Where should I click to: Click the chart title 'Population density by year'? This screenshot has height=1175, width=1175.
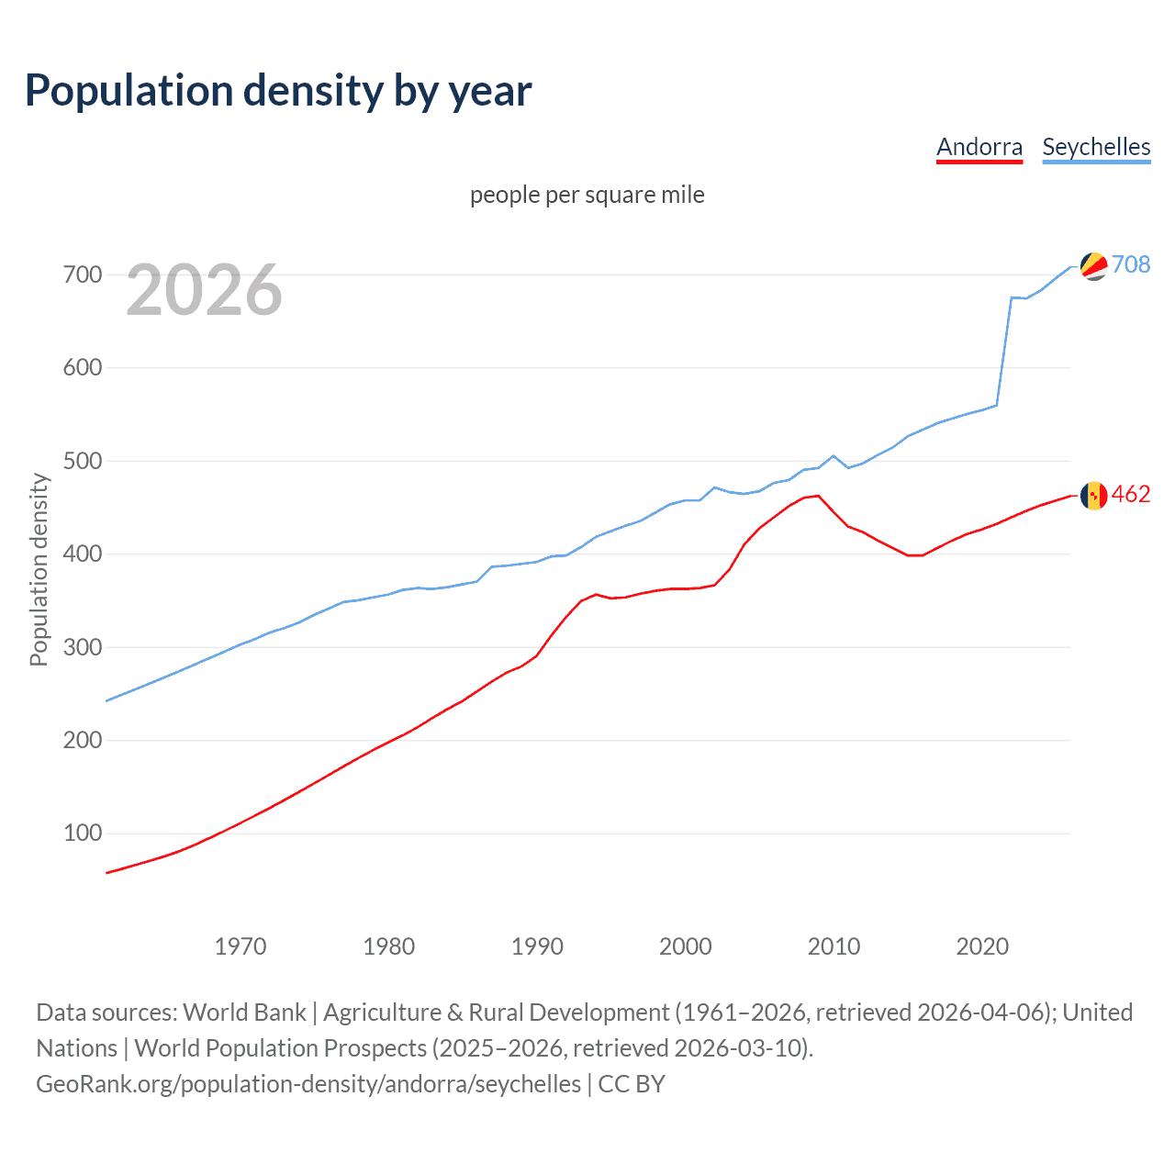tap(278, 91)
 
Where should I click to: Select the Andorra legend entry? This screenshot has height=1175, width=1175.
tap(979, 147)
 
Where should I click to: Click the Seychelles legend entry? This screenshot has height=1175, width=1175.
tap(1096, 147)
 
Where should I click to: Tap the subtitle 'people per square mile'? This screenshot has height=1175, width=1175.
tap(587, 195)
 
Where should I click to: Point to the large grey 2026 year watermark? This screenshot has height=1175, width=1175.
tap(204, 291)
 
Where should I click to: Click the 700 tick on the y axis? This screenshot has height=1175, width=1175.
tap(83, 274)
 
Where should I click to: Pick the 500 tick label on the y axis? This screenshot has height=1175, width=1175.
tap(83, 461)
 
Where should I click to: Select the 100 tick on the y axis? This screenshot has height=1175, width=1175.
tap(83, 834)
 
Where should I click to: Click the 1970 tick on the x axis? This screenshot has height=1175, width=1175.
tap(241, 946)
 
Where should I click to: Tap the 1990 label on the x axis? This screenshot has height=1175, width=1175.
tap(537, 946)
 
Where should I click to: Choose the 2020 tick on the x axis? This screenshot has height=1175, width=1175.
tap(982, 946)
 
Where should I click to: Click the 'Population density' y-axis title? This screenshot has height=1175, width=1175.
tap(39, 569)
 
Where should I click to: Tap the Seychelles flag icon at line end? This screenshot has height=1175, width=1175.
tap(1093, 266)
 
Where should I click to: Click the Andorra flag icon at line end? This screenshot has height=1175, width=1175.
tap(1093, 496)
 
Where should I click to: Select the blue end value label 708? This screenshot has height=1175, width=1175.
tap(1131, 264)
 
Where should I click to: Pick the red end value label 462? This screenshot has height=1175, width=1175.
tap(1131, 494)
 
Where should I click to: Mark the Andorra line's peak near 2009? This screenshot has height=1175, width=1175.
tap(818, 496)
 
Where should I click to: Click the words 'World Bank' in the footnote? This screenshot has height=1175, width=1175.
tap(244, 1013)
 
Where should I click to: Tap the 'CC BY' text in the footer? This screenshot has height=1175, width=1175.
tap(632, 1084)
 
